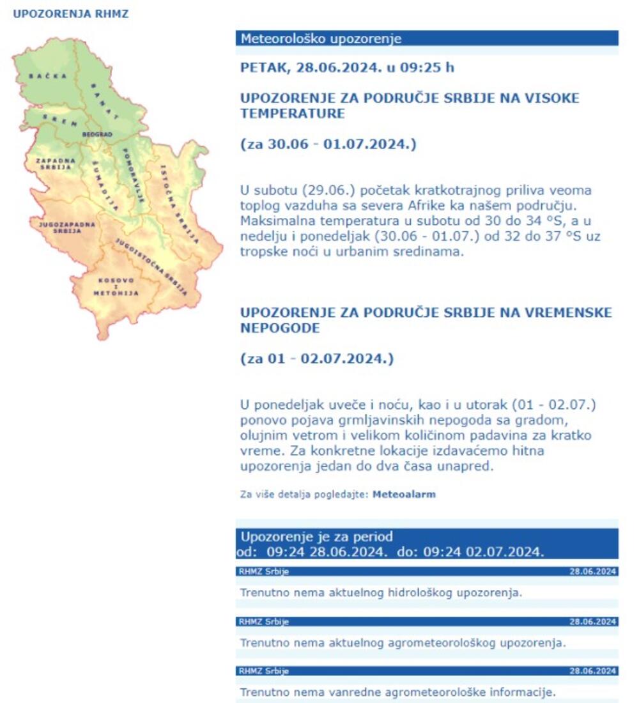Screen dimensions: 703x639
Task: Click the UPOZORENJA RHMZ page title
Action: (x=70, y=13)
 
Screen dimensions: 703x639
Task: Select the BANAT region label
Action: (x=105, y=100)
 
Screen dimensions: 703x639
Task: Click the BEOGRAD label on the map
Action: (x=97, y=135)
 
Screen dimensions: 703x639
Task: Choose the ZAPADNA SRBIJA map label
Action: (x=55, y=164)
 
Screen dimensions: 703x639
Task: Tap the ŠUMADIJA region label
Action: (x=104, y=186)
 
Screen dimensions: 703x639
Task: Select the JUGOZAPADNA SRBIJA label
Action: (x=66, y=228)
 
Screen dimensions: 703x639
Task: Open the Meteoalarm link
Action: (x=404, y=494)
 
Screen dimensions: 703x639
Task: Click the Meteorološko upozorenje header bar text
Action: (x=321, y=39)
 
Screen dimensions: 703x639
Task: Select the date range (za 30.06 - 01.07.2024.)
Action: (x=328, y=144)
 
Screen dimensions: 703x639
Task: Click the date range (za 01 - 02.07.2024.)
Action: (x=316, y=359)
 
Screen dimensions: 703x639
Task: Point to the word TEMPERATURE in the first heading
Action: (x=292, y=114)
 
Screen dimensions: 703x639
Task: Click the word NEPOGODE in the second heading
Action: (x=280, y=328)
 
